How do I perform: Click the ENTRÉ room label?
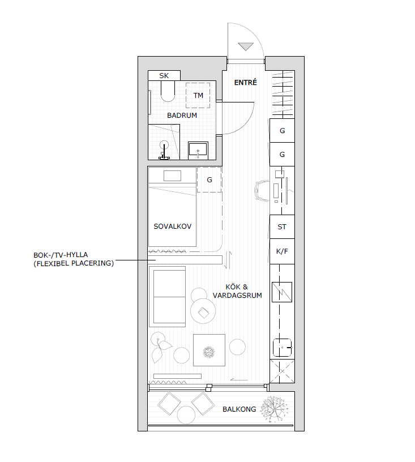click(245, 82)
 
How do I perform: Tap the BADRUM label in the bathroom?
click(182, 115)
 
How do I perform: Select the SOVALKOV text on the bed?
click(172, 226)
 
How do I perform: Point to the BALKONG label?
click(239, 409)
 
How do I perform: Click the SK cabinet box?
click(164, 75)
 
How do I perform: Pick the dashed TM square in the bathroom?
click(198, 95)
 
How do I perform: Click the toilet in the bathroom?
click(168, 91)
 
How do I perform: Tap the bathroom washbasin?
click(198, 151)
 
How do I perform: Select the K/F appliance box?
click(282, 251)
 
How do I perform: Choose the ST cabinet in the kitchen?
click(282, 226)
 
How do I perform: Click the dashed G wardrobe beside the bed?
click(209, 179)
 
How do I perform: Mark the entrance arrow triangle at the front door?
click(246, 46)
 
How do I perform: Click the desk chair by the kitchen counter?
click(262, 191)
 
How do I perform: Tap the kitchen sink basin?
click(282, 348)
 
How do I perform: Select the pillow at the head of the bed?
click(172, 176)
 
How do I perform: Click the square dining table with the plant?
click(209, 350)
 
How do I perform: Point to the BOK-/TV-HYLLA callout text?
click(74, 259)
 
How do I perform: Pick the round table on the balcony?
click(186, 414)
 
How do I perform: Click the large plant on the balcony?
click(274, 409)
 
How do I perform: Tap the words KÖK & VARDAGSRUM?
click(237, 291)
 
